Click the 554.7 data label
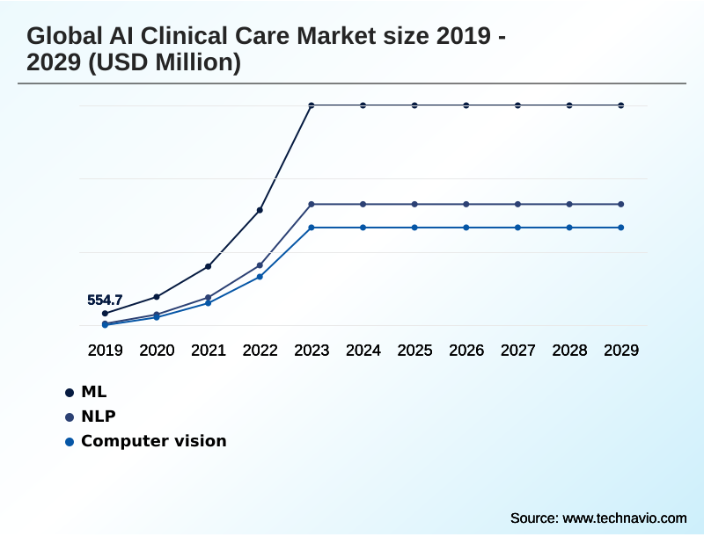pyautogui.click(x=105, y=301)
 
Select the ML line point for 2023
pyautogui.click(x=312, y=105)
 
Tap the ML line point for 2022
pyautogui.click(x=260, y=210)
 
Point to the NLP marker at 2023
pyautogui.click(x=312, y=204)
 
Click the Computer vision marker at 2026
pyautogui.click(x=466, y=228)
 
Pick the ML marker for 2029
pyautogui.click(x=621, y=105)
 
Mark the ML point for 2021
pyautogui.click(x=208, y=266)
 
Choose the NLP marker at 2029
pyautogui.click(x=621, y=204)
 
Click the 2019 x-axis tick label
pyautogui.click(x=105, y=351)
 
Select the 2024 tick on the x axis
pyautogui.click(x=363, y=351)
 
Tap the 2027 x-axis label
pyautogui.click(x=517, y=351)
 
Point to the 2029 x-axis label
pyautogui.click(x=621, y=351)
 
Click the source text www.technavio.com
pyautogui.click(x=624, y=518)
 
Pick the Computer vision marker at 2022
pyautogui.click(x=260, y=277)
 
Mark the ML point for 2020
pyautogui.click(x=157, y=297)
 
